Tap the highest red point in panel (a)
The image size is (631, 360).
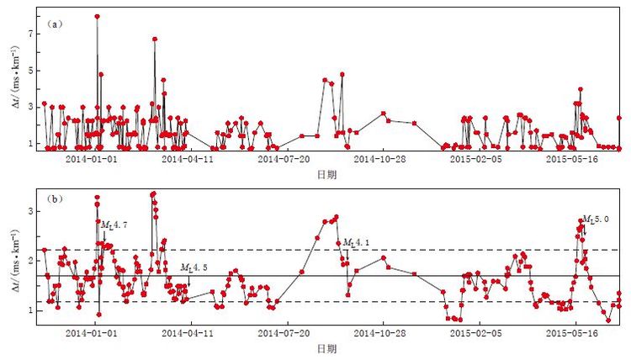[98, 17]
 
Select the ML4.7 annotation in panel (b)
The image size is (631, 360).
[114, 225]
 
